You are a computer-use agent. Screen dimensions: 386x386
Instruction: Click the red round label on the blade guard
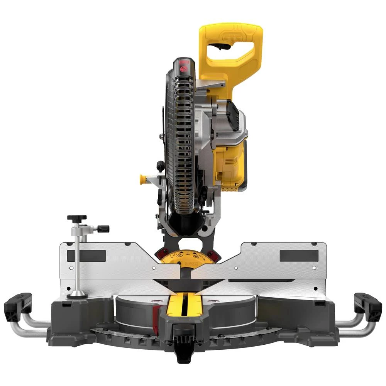click(x=183, y=70)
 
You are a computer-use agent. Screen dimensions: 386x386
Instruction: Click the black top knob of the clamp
click(x=77, y=218)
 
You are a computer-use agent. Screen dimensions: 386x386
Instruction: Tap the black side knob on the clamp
click(x=103, y=229)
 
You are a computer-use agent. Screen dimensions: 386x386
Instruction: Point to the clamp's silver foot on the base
click(x=77, y=296)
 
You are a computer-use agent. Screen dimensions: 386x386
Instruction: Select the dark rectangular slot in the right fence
click(x=299, y=256)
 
